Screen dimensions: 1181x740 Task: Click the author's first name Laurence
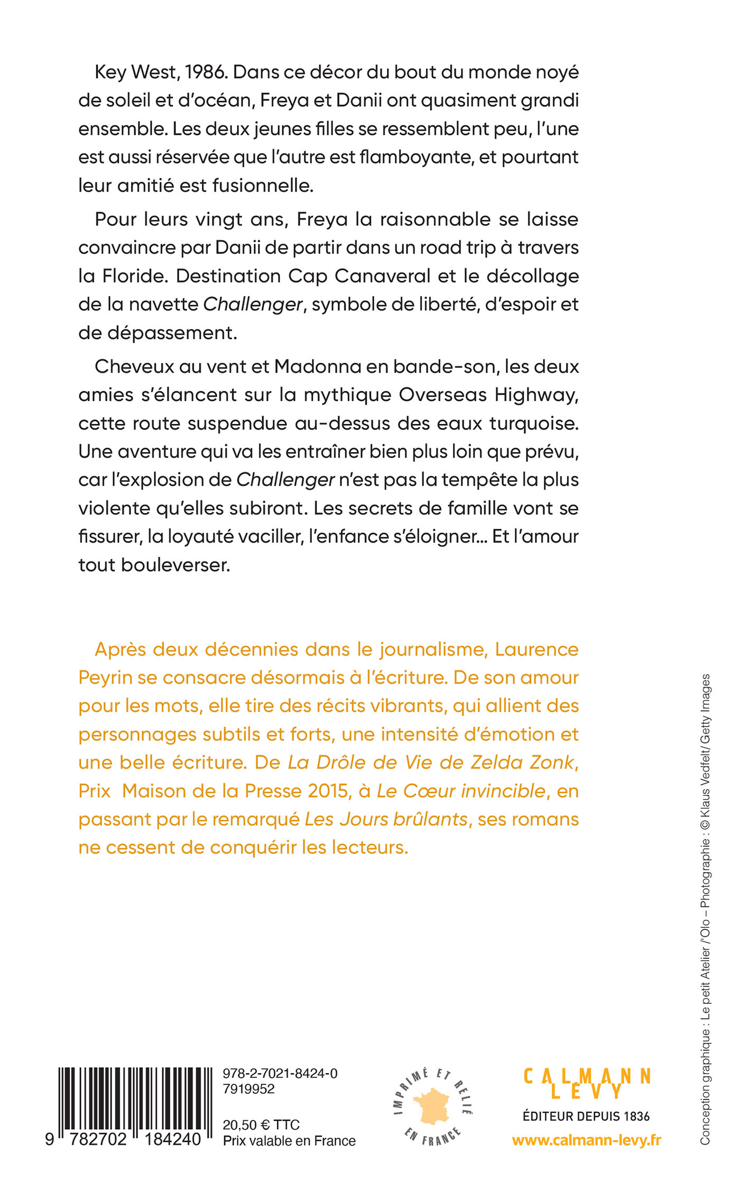click(x=536, y=649)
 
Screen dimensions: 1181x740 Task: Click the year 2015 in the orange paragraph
click(x=328, y=791)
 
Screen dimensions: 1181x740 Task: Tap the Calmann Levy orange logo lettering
click(x=587, y=1083)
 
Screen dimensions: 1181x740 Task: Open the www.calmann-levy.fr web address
click(x=587, y=1141)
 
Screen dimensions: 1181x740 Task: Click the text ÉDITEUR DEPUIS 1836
click(x=586, y=1116)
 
